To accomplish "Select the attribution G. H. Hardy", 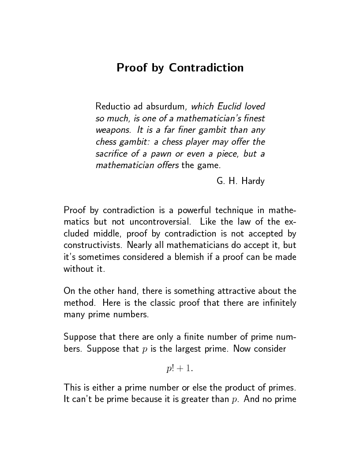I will click(x=240, y=181).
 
